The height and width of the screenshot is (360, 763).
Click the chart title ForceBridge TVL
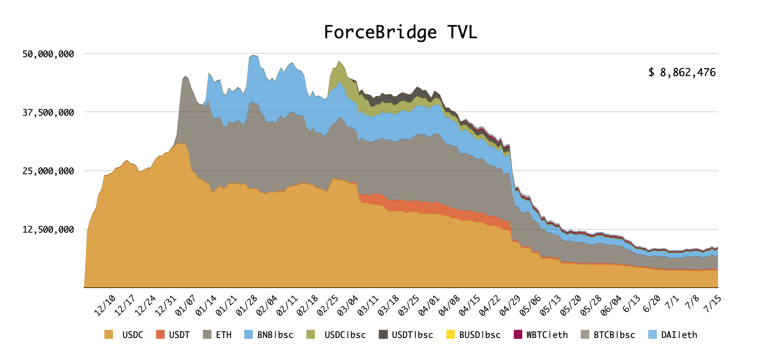400,32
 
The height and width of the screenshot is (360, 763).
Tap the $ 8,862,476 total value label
682,72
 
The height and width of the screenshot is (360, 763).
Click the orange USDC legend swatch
109,335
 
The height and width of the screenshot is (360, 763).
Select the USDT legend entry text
179,335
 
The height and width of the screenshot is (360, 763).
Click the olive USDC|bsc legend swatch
310,335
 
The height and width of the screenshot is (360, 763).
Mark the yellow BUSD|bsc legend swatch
450,335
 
